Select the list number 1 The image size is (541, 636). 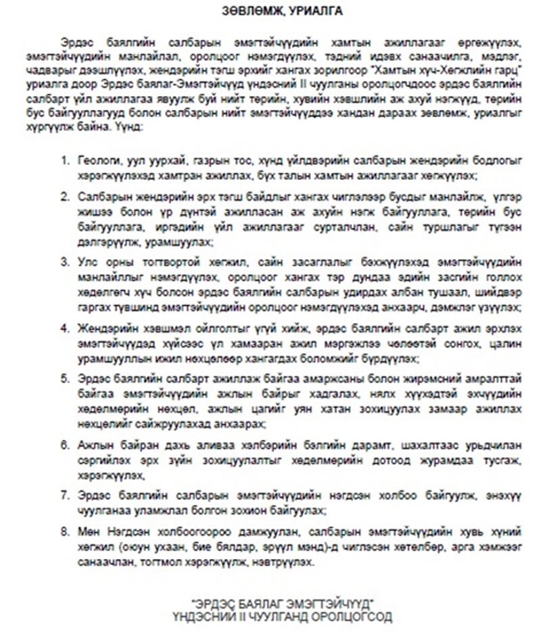(x=66, y=163)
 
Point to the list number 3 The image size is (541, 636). (x=66, y=260)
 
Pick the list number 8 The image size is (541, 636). (x=66, y=528)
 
